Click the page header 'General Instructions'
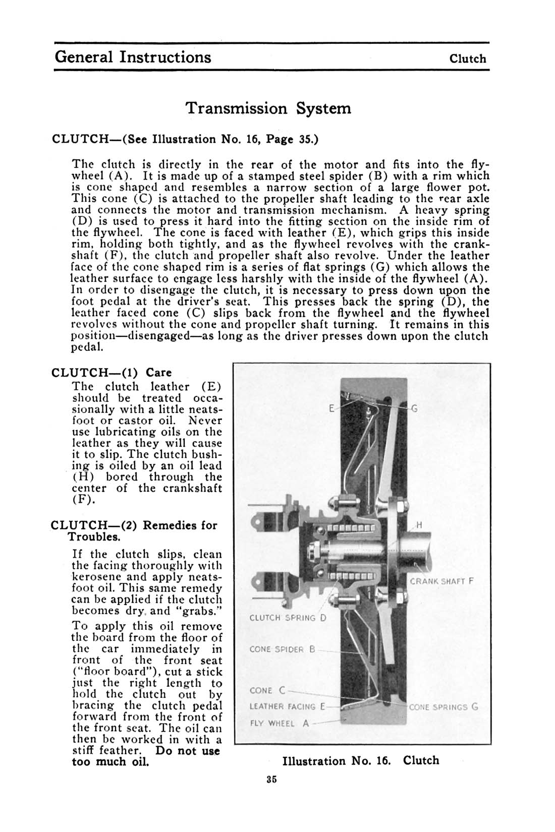point(133,56)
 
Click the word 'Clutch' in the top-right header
point(468,58)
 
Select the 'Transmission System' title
point(267,108)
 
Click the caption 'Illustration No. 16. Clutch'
point(361,760)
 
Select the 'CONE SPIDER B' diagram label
point(282,650)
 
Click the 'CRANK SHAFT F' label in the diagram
point(442,581)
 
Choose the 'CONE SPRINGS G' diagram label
point(443,707)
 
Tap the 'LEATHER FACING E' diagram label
point(286,707)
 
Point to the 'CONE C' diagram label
point(268,690)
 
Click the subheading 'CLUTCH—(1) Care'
point(112,373)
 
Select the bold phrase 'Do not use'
point(188,751)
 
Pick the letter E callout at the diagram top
point(331,409)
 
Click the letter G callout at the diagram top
point(414,409)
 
